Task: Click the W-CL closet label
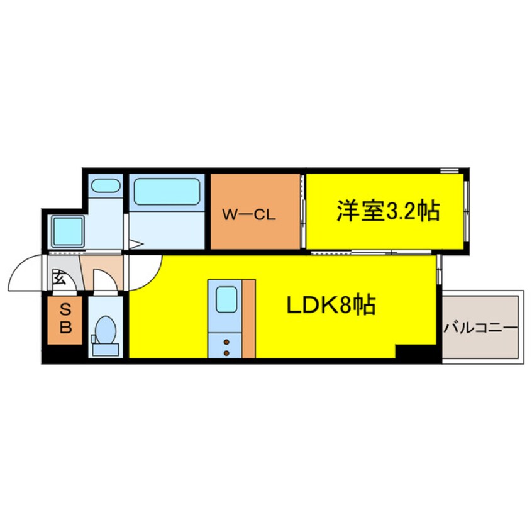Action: coord(249,214)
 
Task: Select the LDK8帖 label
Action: coord(331,306)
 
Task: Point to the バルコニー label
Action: coord(480,328)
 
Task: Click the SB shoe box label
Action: coord(65,319)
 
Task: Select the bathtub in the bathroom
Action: coord(167,191)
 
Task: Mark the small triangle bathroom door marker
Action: coord(133,243)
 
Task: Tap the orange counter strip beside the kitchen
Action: coord(249,318)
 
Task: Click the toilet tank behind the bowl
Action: coord(95,339)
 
